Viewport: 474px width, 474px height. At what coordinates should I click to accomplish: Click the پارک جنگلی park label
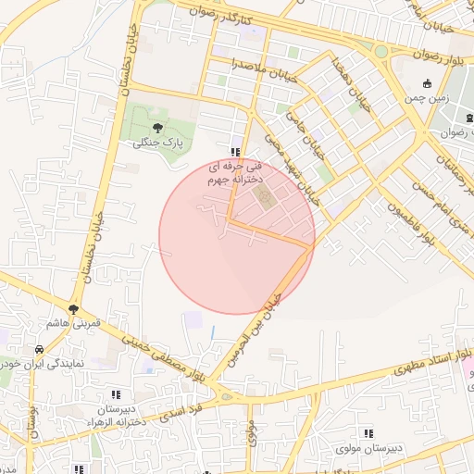156,143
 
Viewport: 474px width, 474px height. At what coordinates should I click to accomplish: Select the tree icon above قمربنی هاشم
73,309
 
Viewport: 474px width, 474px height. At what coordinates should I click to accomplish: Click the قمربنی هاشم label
73,325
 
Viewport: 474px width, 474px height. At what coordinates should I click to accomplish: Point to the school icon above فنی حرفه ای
236,151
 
